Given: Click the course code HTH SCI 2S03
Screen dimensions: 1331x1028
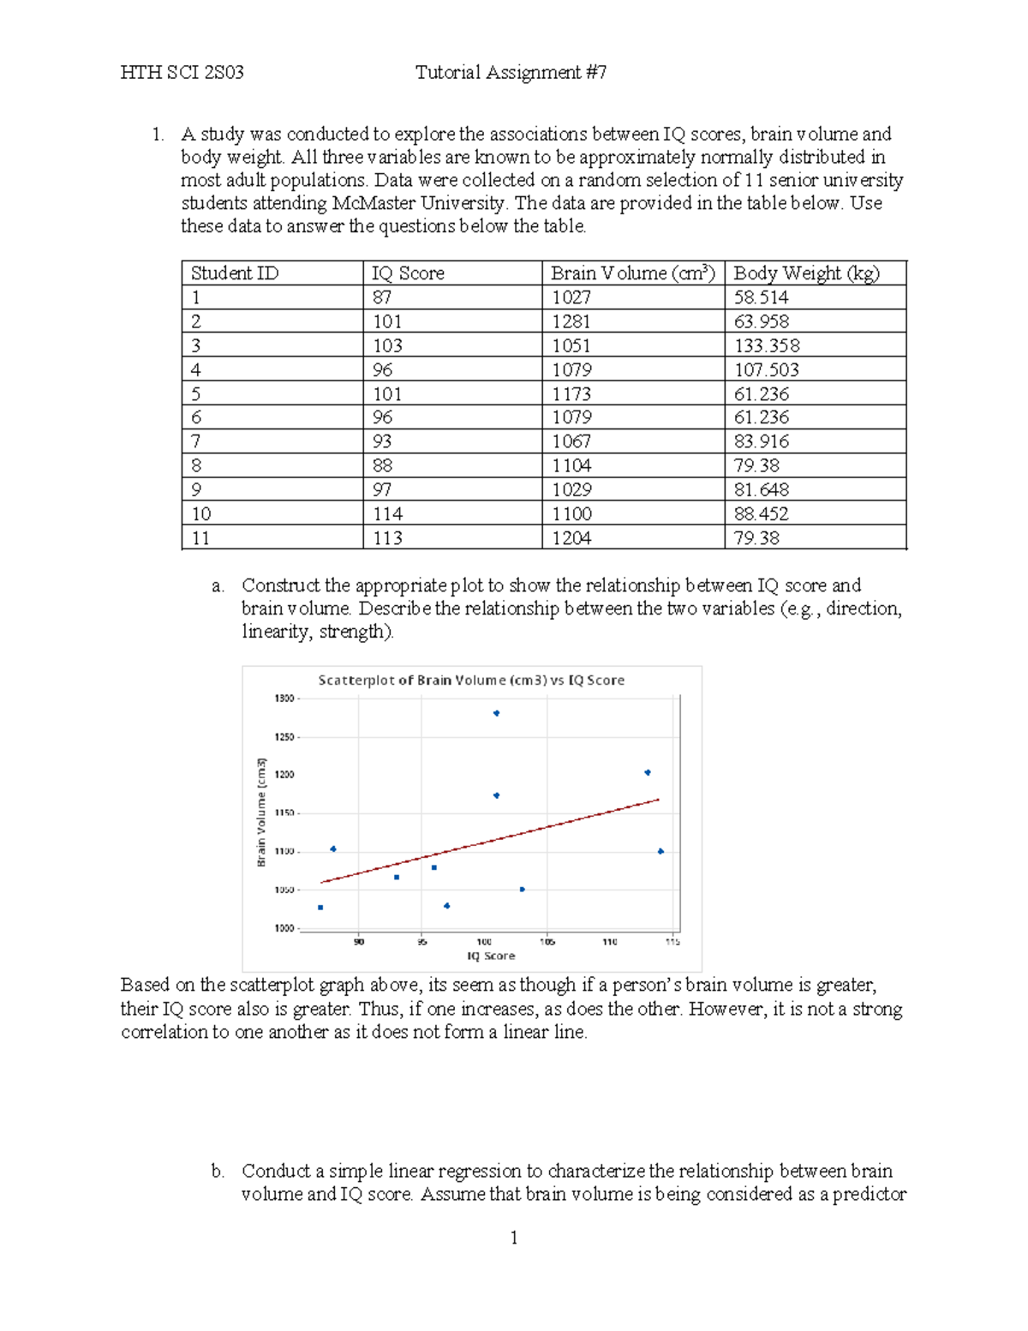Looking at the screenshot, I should pyautogui.click(x=182, y=73).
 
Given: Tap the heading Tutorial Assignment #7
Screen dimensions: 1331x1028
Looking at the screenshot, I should pyautogui.click(x=511, y=73).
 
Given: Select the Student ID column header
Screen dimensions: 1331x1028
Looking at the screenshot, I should pyautogui.click(x=234, y=273).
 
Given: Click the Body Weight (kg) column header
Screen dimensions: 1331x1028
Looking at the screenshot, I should pyautogui.click(x=806, y=273).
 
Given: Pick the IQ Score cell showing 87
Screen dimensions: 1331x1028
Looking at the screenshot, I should pyautogui.click(x=381, y=297).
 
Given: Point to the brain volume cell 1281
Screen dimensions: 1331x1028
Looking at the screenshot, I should pyautogui.click(x=571, y=321).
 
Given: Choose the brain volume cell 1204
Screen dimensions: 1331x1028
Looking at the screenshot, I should pyautogui.click(x=571, y=537).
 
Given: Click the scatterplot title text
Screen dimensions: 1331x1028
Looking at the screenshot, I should pyautogui.click(x=471, y=680).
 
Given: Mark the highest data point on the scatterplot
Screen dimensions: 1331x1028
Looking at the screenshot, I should pyautogui.click(x=496, y=713).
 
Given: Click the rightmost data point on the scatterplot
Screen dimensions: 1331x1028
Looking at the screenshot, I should pyautogui.click(x=660, y=851).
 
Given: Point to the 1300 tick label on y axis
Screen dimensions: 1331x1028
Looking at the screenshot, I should pyautogui.click(x=284, y=698).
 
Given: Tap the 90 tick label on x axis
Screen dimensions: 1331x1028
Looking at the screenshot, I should pyautogui.click(x=359, y=942).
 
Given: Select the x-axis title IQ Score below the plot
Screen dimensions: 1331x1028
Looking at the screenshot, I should pyautogui.click(x=491, y=956).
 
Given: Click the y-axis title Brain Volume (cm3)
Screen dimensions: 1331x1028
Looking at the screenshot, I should pyautogui.click(x=261, y=812).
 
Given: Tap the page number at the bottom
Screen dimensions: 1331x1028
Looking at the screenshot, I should pyautogui.click(x=514, y=1238).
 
